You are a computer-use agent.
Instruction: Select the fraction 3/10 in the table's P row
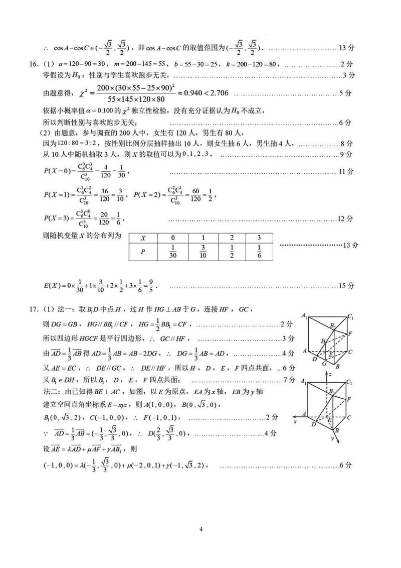point(203,252)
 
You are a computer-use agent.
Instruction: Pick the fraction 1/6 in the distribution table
point(259,252)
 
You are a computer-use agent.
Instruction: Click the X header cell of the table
point(143,238)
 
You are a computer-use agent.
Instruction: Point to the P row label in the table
point(143,252)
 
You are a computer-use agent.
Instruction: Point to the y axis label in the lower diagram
point(332,438)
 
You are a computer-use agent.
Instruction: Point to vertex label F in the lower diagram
point(350,399)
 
